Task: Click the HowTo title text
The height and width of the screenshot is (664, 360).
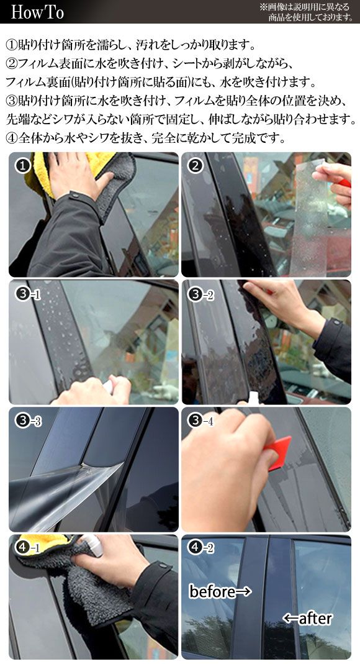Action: pyautogui.click(x=37, y=12)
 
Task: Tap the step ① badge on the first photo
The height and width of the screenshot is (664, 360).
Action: pyautogui.click(x=23, y=166)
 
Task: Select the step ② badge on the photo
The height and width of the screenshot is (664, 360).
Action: pyautogui.click(x=195, y=166)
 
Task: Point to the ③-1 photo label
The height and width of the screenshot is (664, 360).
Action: pyautogui.click(x=29, y=294)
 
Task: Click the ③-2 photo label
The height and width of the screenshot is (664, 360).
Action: pyautogui.click(x=201, y=294)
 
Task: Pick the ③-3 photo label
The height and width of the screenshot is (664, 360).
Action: pyautogui.click(x=29, y=421)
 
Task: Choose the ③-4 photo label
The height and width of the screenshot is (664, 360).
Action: pyautogui.click(x=201, y=421)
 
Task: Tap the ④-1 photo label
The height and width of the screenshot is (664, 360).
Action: pyautogui.click(x=29, y=548)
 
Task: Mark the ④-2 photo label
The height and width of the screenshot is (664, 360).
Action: pyautogui.click(x=201, y=548)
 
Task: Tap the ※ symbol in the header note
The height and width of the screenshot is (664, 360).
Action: pyautogui.click(x=263, y=7)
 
